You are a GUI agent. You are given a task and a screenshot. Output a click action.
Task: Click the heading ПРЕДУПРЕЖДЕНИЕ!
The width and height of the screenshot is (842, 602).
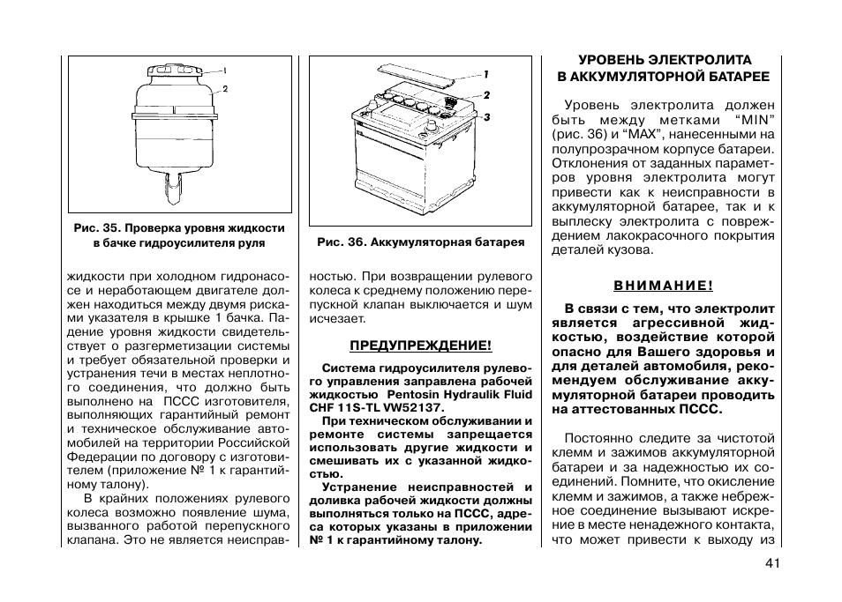[x=421, y=346]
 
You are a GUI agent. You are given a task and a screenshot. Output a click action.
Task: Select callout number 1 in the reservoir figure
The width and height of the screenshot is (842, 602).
[x=224, y=70]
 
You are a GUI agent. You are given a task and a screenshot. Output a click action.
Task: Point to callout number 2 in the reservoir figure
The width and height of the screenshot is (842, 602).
[x=225, y=89]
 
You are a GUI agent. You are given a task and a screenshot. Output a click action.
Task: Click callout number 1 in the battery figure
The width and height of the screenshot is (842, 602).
[x=485, y=75]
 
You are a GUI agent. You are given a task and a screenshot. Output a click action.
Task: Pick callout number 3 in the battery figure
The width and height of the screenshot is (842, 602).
[x=486, y=117]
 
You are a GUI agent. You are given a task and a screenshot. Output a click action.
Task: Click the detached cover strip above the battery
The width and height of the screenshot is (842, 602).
[x=416, y=74]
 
